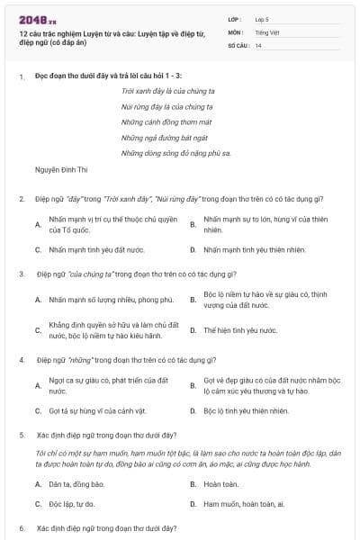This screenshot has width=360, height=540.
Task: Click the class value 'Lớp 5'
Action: coord(262,19)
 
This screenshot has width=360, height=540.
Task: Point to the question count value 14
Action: coord(258,45)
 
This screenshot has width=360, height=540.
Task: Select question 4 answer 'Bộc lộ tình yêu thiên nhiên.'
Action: coord(246,410)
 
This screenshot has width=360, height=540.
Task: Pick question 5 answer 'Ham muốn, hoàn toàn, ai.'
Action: coord(244,504)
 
